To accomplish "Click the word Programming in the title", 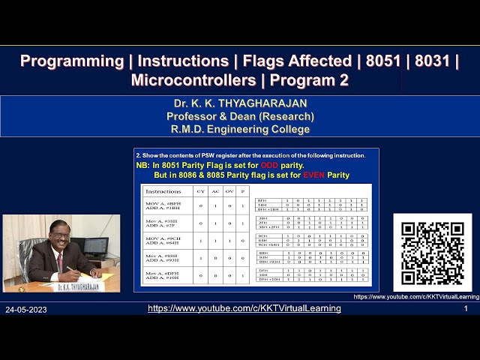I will (71, 61).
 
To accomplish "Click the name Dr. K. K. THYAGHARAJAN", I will (240, 103).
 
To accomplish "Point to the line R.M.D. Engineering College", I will (240, 128).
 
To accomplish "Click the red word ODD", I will (270, 165).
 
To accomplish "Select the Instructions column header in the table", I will (163, 191).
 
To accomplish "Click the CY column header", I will (200, 191).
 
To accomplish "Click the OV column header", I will (231, 191).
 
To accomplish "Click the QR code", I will (432, 253).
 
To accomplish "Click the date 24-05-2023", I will (28, 309).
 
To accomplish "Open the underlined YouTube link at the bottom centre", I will (244, 308).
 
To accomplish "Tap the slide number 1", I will (466, 308).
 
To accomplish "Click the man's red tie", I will (59, 262).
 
